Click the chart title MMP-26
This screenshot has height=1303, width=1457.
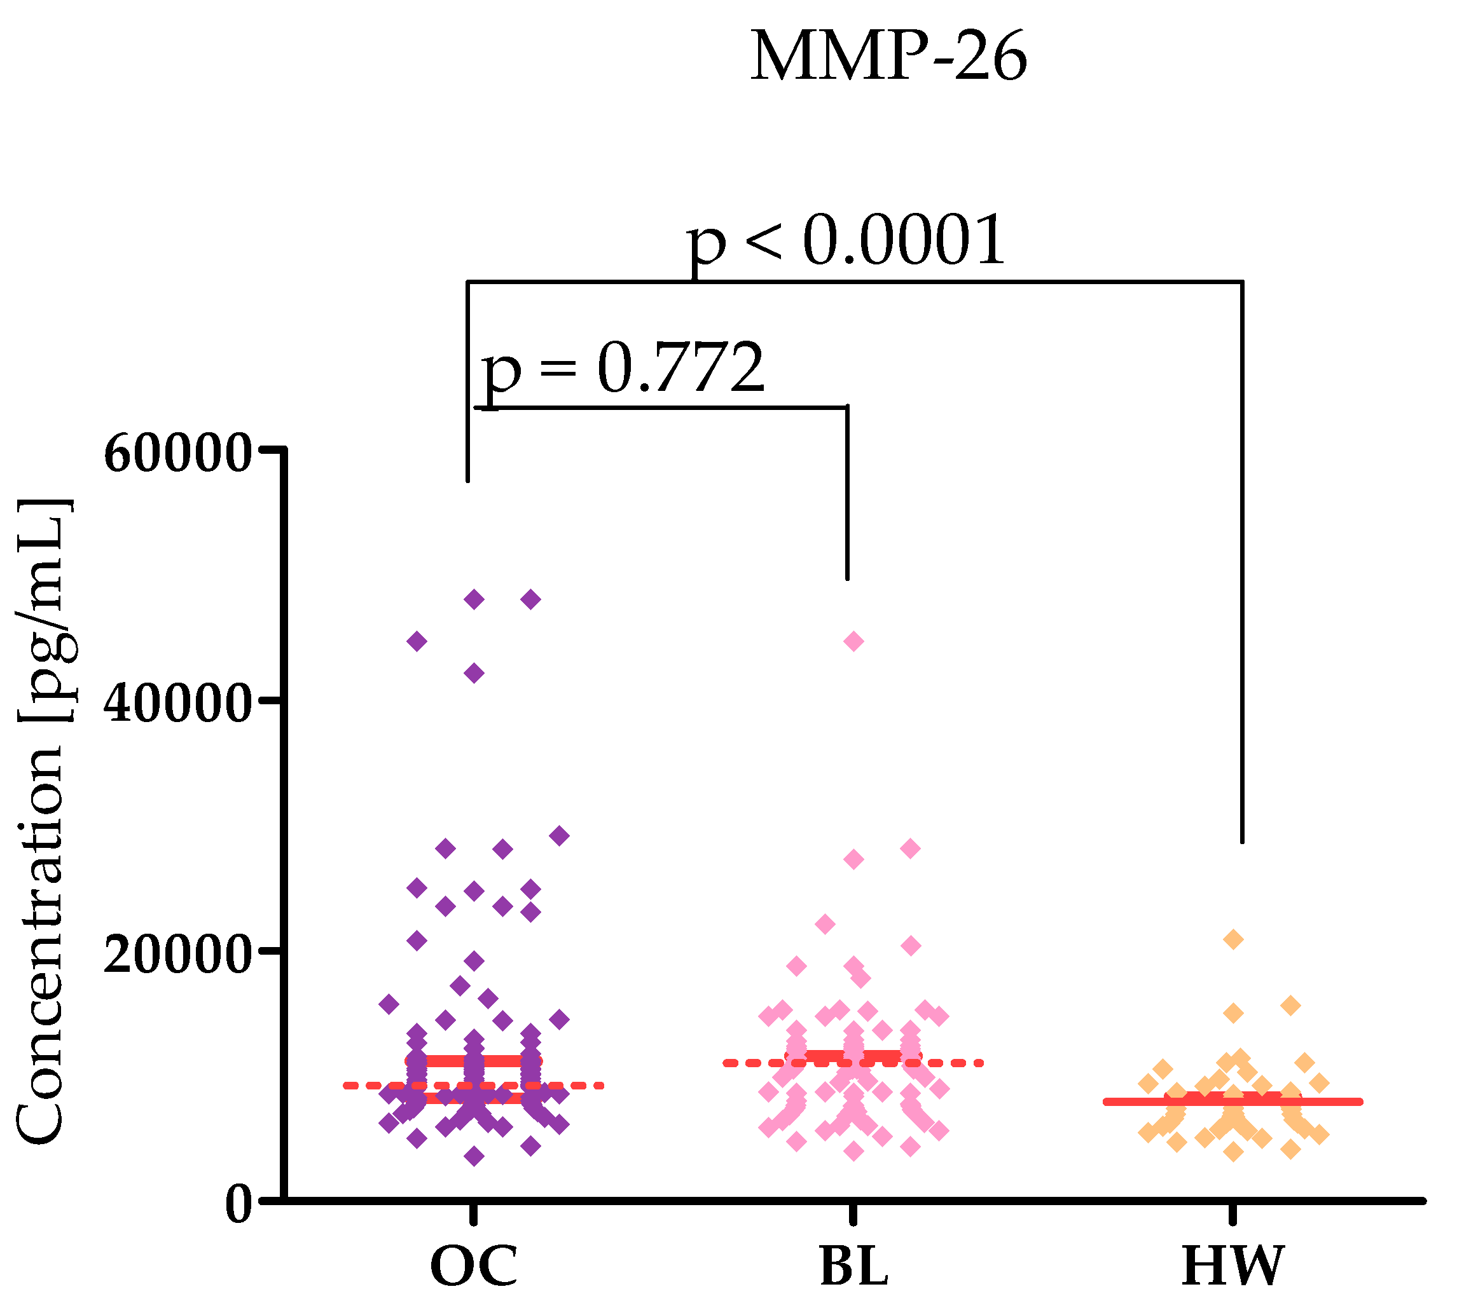tap(888, 57)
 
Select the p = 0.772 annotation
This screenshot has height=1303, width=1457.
tap(623, 369)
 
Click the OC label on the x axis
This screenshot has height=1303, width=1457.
tap(474, 1267)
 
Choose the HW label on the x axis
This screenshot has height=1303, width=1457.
tap(1233, 1267)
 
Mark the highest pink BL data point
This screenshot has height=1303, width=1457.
tap(853, 641)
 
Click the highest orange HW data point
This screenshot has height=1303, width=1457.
tap(1233, 939)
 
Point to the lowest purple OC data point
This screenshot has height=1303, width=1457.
tap(474, 1156)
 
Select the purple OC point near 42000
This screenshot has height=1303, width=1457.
tap(474, 673)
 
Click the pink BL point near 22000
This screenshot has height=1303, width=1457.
tap(825, 924)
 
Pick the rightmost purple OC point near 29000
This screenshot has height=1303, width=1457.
tap(560, 835)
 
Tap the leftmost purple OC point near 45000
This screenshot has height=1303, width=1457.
tap(417, 641)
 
